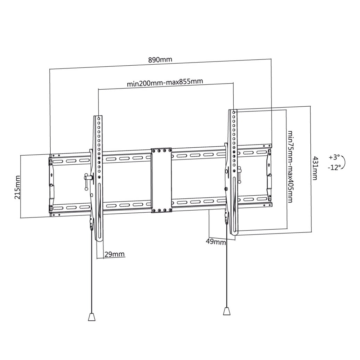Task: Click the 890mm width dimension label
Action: (x=160, y=60)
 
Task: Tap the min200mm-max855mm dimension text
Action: (x=165, y=82)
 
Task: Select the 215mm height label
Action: (x=17, y=187)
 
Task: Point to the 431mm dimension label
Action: (x=315, y=168)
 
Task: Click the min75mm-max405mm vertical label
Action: (x=290, y=167)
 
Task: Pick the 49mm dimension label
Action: (x=216, y=242)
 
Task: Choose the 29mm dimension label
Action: (x=115, y=254)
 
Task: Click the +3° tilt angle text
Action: (x=334, y=157)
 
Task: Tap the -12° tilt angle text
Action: (x=334, y=167)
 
